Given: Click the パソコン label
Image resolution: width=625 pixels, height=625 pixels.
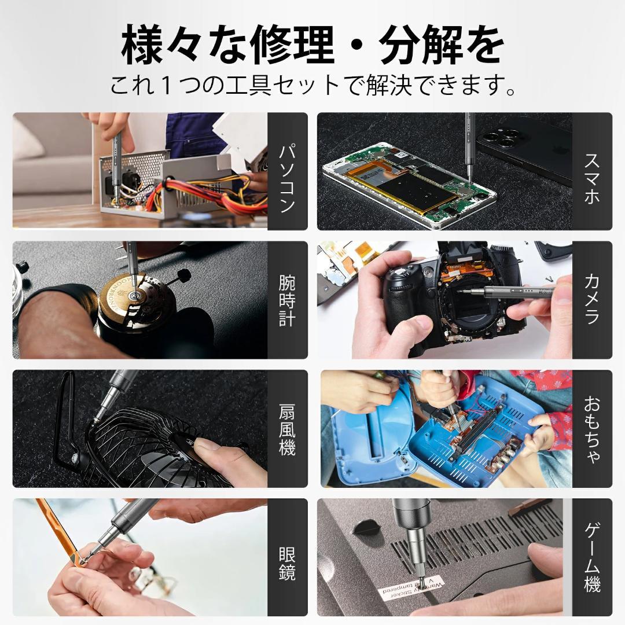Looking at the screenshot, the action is [x=288, y=179].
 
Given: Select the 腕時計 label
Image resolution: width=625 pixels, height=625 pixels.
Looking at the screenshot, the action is [x=288, y=300].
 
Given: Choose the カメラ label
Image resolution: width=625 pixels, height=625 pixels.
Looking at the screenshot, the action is [x=592, y=299].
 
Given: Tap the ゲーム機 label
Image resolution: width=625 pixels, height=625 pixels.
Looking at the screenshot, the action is [x=592, y=557].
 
